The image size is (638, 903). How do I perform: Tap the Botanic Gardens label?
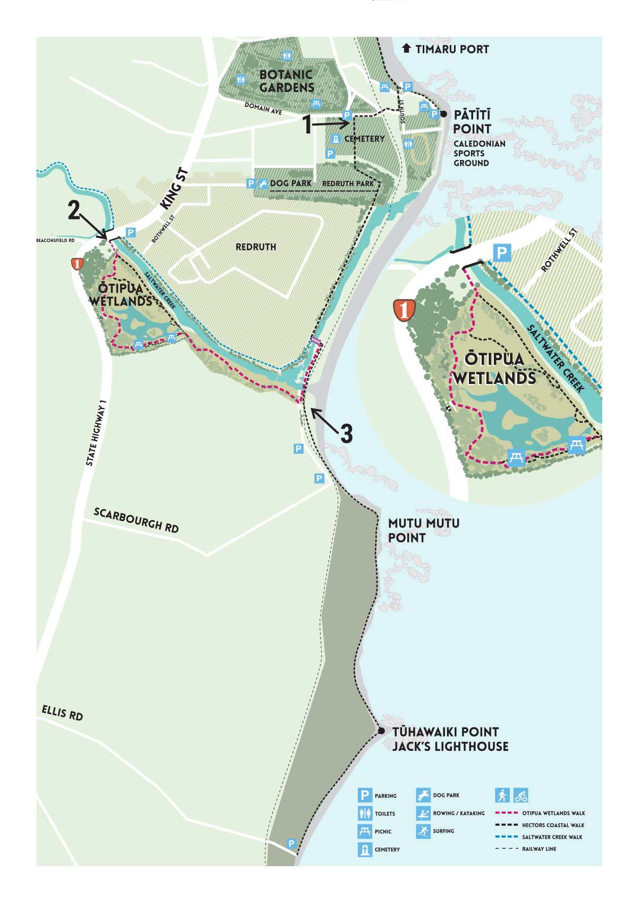click(x=287, y=81)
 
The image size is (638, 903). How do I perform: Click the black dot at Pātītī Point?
click(x=444, y=114)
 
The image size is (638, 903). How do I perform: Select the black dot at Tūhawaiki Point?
click(x=381, y=731)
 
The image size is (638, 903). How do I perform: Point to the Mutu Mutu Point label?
click(x=423, y=530)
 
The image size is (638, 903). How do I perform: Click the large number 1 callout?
click(x=307, y=126)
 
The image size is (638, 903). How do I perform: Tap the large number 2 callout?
click(x=74, y=211)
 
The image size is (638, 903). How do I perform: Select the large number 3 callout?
click(x=346, y=434)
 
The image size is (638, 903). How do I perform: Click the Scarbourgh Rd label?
click(x=136, y=520)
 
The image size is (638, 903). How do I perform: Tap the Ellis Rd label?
click(x=62, y=713)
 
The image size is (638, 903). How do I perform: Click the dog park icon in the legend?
click(x=423, y=796)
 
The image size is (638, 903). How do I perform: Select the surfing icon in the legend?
click(x=423, y=831)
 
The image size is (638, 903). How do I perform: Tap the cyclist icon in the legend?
click(x=521, y=796)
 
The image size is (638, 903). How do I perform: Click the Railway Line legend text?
click(x=539, y=849)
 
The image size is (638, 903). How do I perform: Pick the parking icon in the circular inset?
click(x=502, y=253)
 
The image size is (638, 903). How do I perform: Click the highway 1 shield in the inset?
click(x=404, y=310)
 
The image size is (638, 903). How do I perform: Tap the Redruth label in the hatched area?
click(x=256, y=247)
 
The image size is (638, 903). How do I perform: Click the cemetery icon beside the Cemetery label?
click(x=336, y=139)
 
